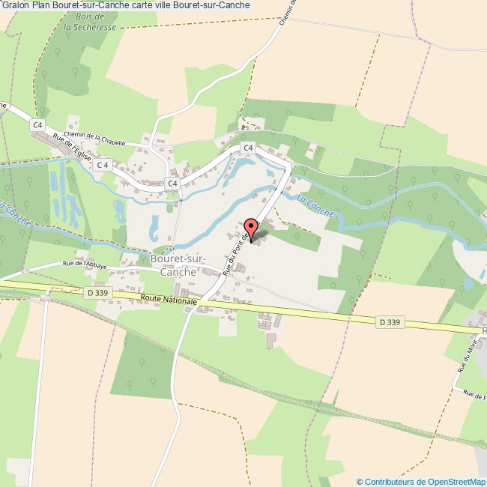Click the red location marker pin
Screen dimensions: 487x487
click(251, 228)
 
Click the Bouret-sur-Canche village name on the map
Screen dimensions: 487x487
click(173, 265)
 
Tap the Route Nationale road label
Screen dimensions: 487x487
click(169, 300)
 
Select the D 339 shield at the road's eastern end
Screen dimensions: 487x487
click(389, 322)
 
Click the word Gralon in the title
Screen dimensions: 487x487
click(15, 5)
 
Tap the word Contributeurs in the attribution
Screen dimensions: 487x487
click(390, 481)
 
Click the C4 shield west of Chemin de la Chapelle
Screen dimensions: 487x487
click(38, 124)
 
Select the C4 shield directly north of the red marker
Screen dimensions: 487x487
click(248, 148)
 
